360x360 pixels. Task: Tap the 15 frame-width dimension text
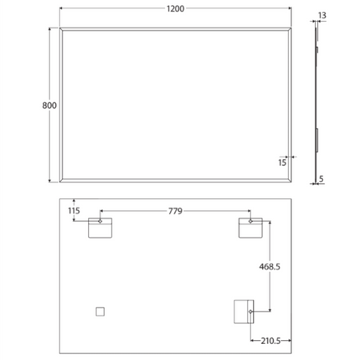point(282,162)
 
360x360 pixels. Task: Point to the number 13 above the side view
point(321,15)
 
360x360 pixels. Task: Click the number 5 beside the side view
point(321,178)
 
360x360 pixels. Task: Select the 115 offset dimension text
point(73,211)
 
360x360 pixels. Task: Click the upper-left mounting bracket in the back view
point(100,227)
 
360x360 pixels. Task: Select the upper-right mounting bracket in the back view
point(249,227)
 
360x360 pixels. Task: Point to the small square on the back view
point(100,311)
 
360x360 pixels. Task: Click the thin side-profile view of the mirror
point(316,100)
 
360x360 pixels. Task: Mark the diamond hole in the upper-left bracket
point(100,222)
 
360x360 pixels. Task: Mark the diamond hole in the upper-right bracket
point(249,222)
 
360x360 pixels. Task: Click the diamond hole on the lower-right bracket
point(249,312)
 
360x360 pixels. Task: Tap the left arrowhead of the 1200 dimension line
point(61,9)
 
